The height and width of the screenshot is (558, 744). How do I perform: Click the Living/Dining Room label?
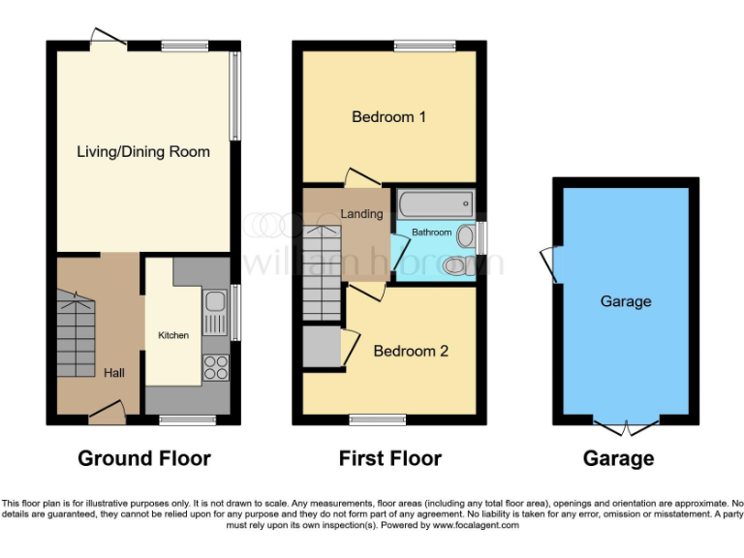[x=143, y=151]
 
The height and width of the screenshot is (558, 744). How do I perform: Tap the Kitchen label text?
[x=173, y=335]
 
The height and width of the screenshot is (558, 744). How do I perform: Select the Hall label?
[x=114, y=372]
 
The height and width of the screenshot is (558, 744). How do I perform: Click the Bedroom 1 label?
[x=388, y=117]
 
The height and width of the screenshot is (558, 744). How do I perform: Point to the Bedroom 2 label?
[x=411, y=351]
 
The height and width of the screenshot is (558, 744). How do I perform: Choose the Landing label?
[x=360, y=213]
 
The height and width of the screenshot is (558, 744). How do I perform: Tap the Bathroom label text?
[x=431, y=232]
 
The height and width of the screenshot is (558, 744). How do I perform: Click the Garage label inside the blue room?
[x=625, y=301]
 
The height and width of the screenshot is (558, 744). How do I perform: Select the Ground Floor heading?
[x=144, y=458]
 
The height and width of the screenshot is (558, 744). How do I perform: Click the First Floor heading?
[x=389, y=458]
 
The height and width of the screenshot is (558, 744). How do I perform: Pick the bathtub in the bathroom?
[x=436, y=203]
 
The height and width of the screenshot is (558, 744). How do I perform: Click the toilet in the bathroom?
[x=454, y=264]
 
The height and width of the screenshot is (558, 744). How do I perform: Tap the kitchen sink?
[x=214, y=308]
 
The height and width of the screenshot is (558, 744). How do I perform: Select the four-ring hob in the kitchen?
[x=214, y=367]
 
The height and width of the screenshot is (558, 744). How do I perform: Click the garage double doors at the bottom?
[x=626, y=426]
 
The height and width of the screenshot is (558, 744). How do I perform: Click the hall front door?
[x=107, y=418]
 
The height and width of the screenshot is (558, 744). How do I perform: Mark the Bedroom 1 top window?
[x=424, y=45]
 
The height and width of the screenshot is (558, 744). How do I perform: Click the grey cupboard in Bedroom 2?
[x=321, y=348]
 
